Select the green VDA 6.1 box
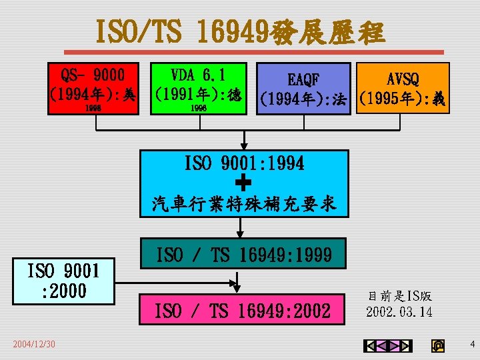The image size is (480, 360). coord(197,87)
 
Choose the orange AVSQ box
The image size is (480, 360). coord(403,87)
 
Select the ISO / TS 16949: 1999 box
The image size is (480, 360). coord(243,254)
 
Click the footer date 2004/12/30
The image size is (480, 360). coord(34,343)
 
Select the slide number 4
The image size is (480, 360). coord(472,344)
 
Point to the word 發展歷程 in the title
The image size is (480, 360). coord(328,31)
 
